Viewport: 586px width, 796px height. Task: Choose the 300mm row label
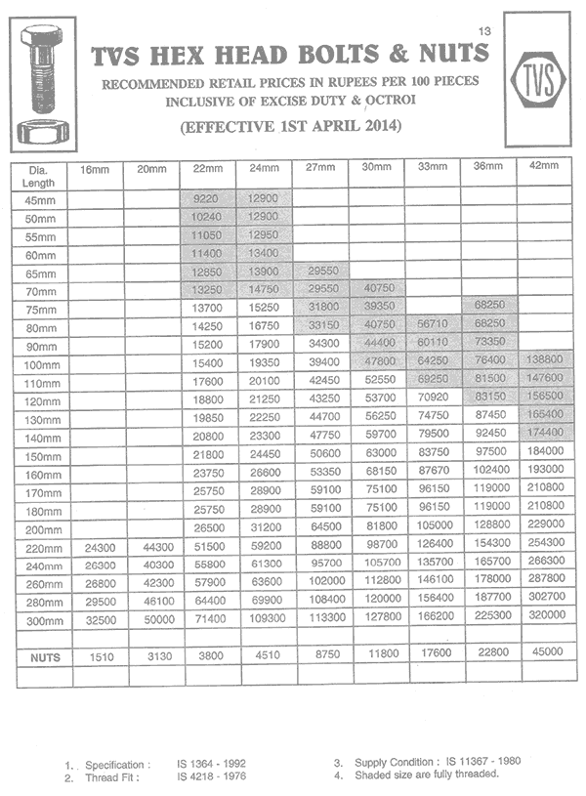(x=42, y=621)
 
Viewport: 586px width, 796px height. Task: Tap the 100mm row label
(x=42, y=363)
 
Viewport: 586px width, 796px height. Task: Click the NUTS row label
(x=42, y=657)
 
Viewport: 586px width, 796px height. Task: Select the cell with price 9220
(x=207, y=198)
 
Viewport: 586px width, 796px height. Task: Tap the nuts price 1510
(x=96, y=657)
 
